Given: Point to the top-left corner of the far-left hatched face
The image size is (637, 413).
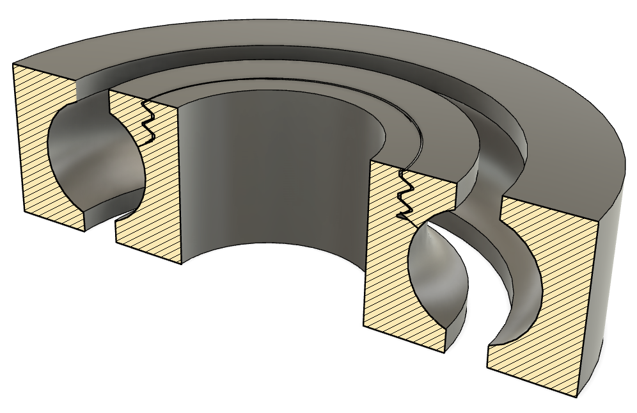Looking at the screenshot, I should (14, 64).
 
